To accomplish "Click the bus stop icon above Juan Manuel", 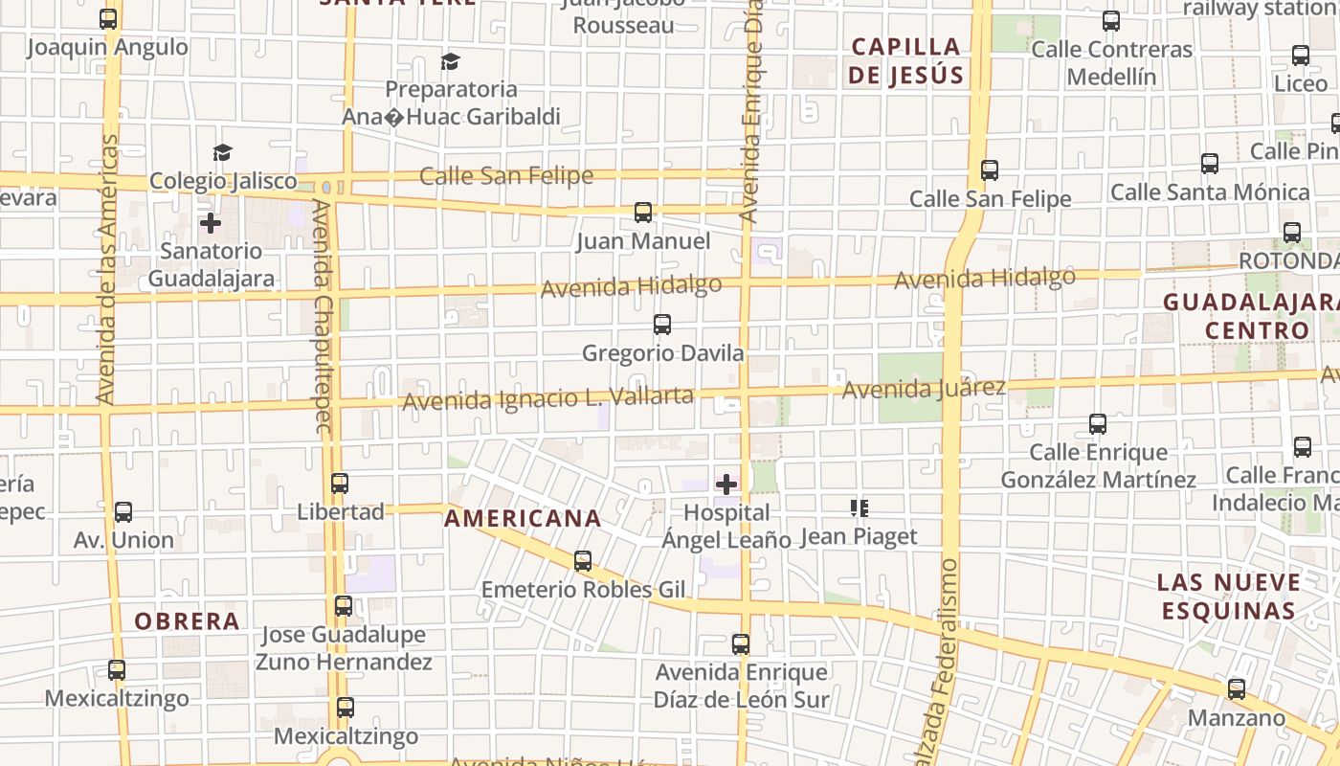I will coord(642,213).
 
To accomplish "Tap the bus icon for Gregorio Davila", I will coord(661,325).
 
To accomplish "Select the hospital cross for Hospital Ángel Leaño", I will coord(726,484).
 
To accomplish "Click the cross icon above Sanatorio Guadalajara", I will coord(211,224).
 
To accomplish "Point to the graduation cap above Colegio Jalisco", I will coord(223,152).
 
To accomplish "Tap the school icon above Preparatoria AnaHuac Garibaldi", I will coord(450,62).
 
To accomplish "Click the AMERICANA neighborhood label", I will coord(523,519).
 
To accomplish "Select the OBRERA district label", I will coord(187,621).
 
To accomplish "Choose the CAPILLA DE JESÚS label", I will coord(905,60).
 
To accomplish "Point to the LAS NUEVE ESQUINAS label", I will coord(1228,597).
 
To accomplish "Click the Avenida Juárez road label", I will coord(924,389).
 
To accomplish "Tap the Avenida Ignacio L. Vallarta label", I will coord(547,397).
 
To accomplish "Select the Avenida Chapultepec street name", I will coord(322,316).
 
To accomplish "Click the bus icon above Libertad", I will coord(339,484).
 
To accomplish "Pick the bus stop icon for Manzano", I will coord(1237,689).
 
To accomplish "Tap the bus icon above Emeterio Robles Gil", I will coord(582,561).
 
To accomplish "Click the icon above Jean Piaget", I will coord(859,508).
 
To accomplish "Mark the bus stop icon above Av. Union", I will coord(123,512).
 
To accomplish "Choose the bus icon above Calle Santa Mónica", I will coord(1210,164).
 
